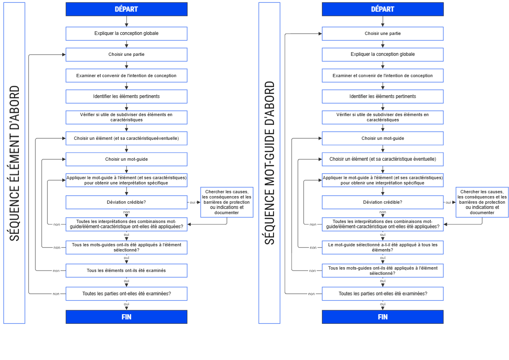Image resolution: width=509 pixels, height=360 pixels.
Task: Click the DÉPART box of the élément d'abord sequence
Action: point(127,9)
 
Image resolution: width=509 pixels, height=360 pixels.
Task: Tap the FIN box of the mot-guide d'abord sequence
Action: point(383,317)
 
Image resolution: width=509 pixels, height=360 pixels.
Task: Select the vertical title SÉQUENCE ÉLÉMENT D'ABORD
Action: point(14,163)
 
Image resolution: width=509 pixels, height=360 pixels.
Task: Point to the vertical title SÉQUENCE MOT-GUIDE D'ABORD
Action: point(270,163)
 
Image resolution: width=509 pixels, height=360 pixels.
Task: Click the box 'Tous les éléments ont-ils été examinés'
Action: point(127,270)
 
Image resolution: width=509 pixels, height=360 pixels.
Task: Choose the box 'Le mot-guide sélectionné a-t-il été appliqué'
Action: point(383,247)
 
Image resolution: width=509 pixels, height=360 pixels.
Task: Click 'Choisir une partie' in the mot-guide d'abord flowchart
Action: point(383,34)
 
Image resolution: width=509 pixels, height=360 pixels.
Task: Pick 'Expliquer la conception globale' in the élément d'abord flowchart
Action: point(127,34)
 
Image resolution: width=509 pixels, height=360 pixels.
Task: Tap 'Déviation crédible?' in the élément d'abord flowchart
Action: point(127,202)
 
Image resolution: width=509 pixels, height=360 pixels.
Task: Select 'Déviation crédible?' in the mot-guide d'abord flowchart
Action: point(383,202)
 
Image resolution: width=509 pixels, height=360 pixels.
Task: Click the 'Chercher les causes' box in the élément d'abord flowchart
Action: point(227,202)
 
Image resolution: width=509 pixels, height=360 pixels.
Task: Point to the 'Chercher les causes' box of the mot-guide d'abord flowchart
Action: point(482,202)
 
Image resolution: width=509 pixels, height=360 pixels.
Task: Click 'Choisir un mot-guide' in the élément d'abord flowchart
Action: point(127,160)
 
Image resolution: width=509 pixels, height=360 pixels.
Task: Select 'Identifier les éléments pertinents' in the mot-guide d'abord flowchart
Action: point(383,96)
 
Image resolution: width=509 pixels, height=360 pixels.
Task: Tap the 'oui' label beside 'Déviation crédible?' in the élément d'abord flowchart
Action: point(192,202)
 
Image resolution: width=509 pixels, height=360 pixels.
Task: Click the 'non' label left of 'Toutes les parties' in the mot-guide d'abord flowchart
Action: point(311,294)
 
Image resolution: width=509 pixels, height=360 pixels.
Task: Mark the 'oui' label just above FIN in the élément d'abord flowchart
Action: point(127,304)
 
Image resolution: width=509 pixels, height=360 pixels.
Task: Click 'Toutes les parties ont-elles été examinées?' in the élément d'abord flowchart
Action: point(127,294)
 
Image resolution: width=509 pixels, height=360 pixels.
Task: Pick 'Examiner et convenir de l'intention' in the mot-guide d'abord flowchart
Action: point(383,76)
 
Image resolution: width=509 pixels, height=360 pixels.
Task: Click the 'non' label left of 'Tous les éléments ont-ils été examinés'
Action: point(56,271)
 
